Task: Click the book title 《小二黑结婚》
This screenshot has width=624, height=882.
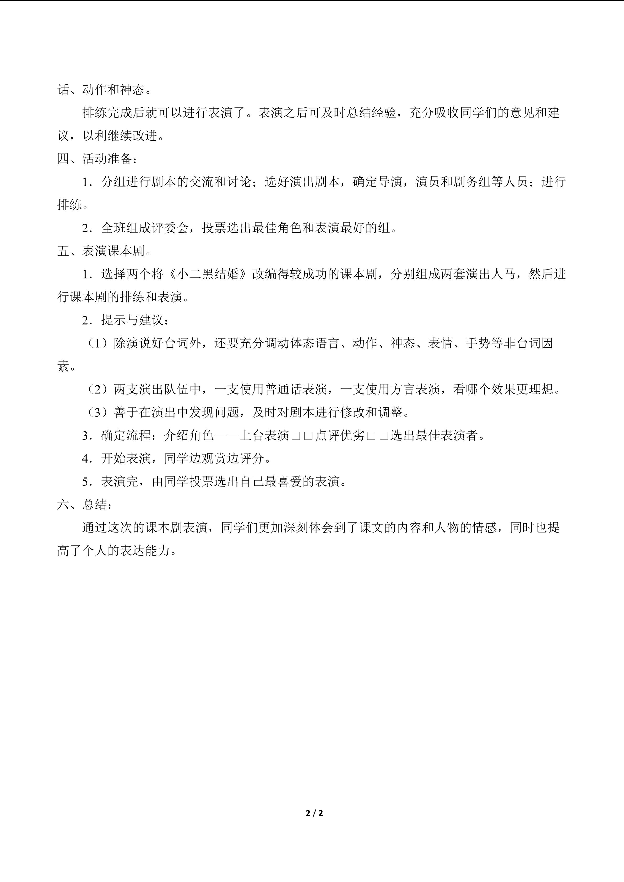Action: (x=208, y=274)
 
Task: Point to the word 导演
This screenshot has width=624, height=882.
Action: (x=390, y=182)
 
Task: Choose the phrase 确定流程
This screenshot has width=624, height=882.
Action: (x=126, y=436)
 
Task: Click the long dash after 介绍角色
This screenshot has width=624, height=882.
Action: (x=227, y=436)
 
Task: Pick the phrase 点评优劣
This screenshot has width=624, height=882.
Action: (x=340, y=436)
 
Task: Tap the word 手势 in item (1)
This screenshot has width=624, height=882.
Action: (x=478, y=343)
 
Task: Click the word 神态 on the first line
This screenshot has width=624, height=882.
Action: (x=133, y=90)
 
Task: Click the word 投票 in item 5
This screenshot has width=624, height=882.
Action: (x=202, y=482)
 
